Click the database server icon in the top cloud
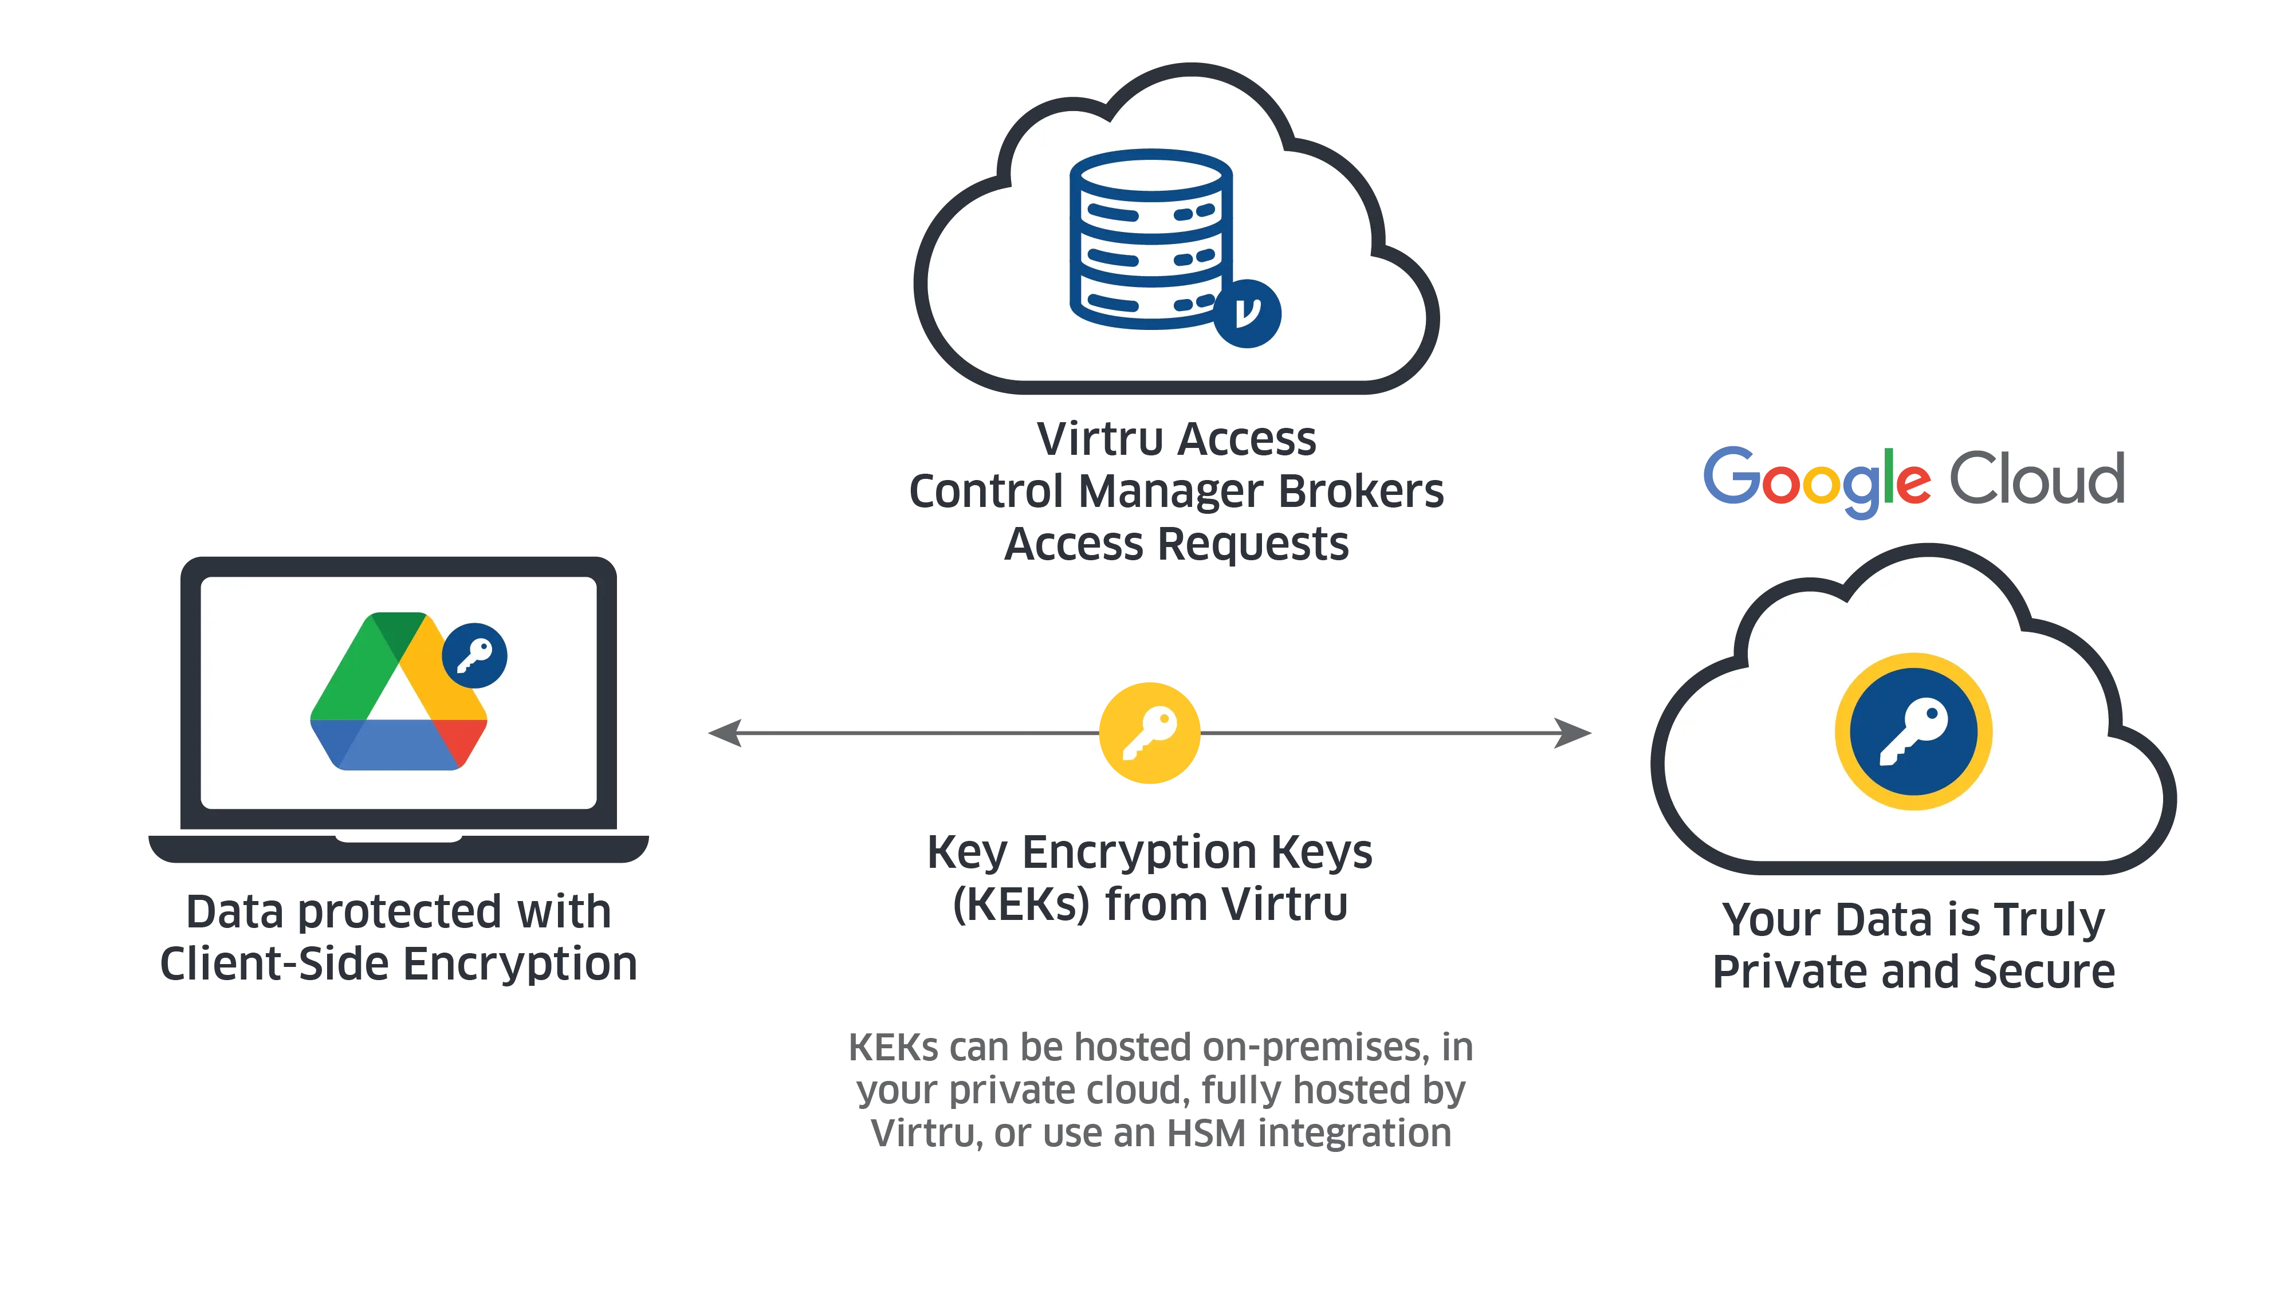pyautogui.click(x=1150, y=238)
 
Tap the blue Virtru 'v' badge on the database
pyautogui.click(x=1248, y=313)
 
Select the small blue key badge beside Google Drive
pyautogui.click(x=474, y=656)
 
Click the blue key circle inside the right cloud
pyautogui.click(x=1913, y=731)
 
